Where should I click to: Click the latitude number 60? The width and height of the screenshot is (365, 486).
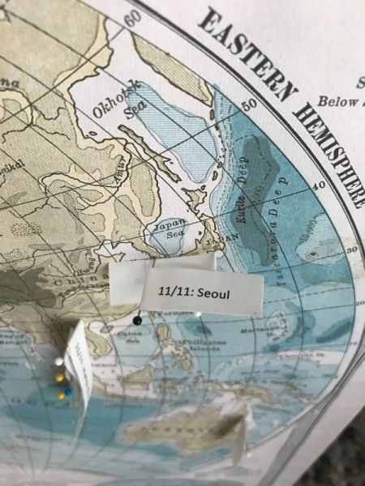[135, 19]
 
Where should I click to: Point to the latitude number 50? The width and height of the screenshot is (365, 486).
[248, 104]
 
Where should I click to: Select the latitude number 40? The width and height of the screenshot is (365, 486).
[318, 185]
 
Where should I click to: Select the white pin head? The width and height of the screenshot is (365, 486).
[59, 360]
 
